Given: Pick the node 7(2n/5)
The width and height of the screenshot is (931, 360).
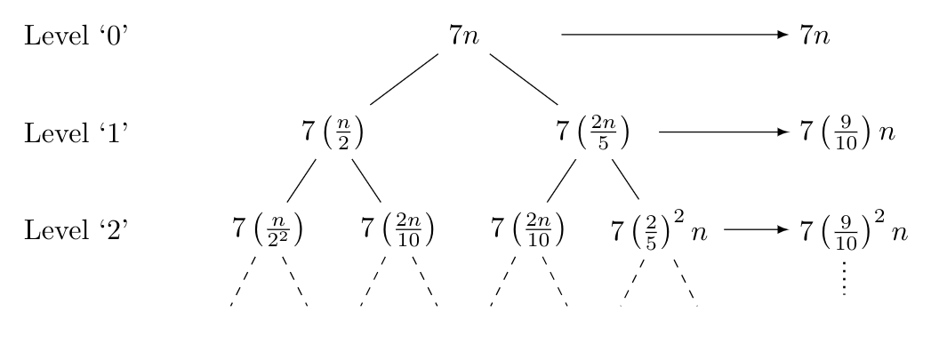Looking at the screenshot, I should tap(593, 132).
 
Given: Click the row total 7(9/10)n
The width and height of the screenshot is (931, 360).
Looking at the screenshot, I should tap(846, 132).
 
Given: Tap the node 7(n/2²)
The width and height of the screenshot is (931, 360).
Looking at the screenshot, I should tap(267, 230).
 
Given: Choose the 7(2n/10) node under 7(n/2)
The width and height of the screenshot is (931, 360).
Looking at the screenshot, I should tap(398, 230).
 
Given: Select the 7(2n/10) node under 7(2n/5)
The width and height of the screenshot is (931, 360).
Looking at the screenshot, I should tap(528, 230).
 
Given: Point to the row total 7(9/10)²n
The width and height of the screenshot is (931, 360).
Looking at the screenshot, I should tap(852, 228).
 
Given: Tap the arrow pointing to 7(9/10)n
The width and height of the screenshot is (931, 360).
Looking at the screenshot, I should tap(723, 132).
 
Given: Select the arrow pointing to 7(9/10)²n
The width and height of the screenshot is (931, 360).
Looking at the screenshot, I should tap(757, 229).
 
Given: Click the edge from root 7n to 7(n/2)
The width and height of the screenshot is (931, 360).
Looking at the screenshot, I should tap(404, 79).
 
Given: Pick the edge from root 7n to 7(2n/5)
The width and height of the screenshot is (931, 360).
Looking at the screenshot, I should tap(523, 79).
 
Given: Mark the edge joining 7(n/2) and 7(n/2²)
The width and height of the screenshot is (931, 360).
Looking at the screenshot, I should tap(301, 181).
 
